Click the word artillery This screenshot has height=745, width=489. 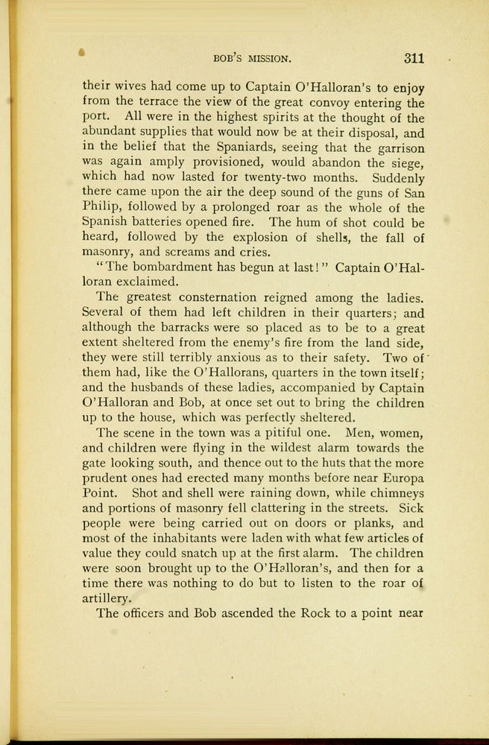(107, 598)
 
